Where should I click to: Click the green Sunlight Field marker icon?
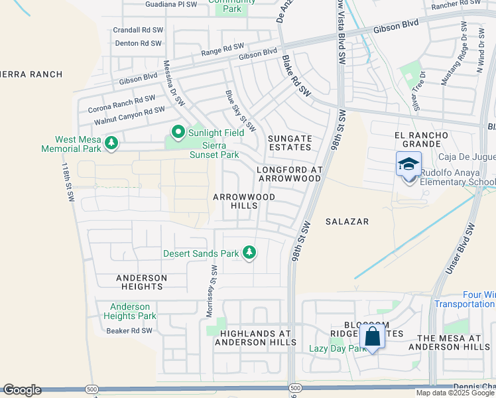178,133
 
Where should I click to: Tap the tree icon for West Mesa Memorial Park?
112,142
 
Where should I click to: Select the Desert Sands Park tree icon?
249,252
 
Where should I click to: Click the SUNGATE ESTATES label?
289,143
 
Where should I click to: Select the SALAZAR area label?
347,221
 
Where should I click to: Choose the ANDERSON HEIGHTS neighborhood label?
139,282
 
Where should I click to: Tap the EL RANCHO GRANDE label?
421,140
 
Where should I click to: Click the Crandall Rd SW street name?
137,30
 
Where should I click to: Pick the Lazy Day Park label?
338,348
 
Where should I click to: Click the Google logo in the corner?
22,390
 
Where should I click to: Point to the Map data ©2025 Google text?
456,393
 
